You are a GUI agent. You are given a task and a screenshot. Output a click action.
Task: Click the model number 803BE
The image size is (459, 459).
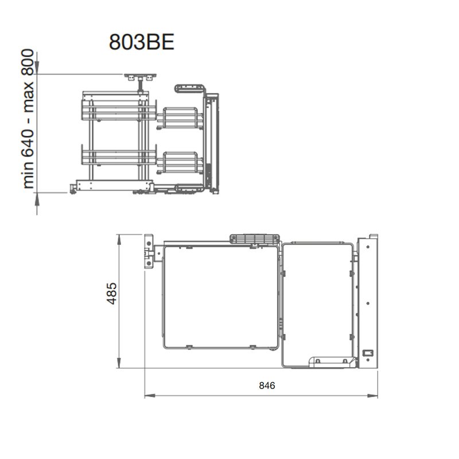click(x=142, y=42)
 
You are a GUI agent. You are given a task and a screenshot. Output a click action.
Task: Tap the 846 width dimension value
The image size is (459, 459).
click(x=267, y=386)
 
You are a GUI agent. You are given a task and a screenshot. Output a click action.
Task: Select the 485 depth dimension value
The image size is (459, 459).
click(x=112, y=293)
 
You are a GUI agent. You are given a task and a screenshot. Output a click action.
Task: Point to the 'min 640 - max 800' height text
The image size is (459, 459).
click(x=28, y=119)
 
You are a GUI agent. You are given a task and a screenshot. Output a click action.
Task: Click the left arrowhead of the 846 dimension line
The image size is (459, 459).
click(x=150, y=396)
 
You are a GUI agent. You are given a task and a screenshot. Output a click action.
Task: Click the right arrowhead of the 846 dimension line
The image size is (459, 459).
click(x=372, y=396)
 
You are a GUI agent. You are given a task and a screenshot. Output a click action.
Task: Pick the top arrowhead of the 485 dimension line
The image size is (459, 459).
click(x=119, y=240)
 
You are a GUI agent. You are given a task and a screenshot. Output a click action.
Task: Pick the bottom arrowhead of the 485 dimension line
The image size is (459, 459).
click(x=119, y=363)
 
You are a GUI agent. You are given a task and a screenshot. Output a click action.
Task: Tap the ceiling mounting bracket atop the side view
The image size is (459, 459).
click(x=140, y=77)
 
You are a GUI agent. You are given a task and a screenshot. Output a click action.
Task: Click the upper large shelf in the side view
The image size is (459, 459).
click(x=119, y=110)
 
